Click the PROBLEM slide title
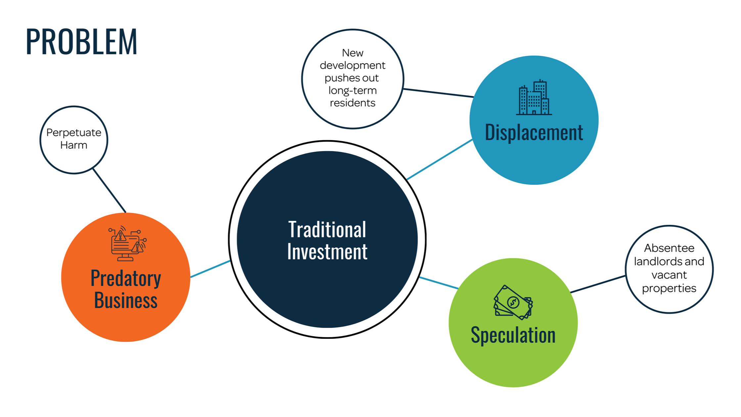coord(81,42)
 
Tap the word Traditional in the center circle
coord(327,230)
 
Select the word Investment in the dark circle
coord(327,252)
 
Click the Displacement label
coord(533,132)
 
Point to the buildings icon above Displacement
coord(533,97)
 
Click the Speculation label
coord(513,335)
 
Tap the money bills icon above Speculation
coord(513,302)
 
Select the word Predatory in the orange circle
coord(126,278)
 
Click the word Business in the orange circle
coord(126,300)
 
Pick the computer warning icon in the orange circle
coord(127,243)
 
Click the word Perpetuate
coord(74,132)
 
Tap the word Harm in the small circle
coord(74,145)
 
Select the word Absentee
coord(669,248)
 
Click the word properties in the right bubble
coord(669,288)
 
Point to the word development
coord(352,65)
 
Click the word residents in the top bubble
coord(352,103)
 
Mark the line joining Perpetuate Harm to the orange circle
coord(110,191)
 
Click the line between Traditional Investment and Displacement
coord(440,159)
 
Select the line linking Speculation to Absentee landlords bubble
coord(598,284)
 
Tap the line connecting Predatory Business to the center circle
coord(210,269)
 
